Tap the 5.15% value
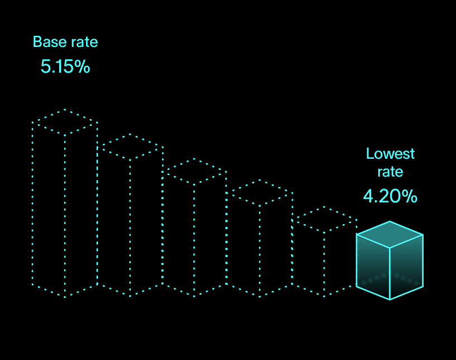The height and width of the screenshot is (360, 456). (65, 67)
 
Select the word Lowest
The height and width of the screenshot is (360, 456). (391, 154)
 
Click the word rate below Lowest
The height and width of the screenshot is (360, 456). (390, 172)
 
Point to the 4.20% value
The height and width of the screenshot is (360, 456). (390, 196)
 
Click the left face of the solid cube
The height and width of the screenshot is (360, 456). (373, 267)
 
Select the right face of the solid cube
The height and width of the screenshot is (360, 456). (406, 267)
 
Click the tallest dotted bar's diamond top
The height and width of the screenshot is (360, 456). (65, 122)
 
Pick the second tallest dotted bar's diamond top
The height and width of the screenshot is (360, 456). (130, 147)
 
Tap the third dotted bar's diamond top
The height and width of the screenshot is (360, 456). (194, 172)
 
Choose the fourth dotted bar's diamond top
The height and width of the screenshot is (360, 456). (259, 193)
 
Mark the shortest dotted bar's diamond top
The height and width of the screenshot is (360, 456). (324, 220)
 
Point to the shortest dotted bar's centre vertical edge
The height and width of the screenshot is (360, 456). (324, 263)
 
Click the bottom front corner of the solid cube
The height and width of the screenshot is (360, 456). (389, 300)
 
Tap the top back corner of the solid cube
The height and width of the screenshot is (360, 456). (389, 221)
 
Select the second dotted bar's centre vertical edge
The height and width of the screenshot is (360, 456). (130, 224)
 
